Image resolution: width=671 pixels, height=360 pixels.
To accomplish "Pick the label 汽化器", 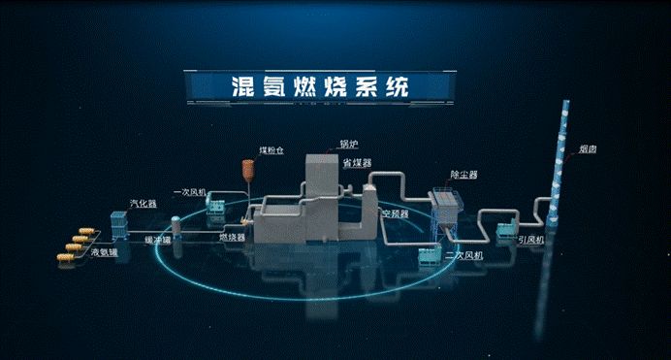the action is coord(142,205).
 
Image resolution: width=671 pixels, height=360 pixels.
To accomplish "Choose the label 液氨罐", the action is coord(105,252).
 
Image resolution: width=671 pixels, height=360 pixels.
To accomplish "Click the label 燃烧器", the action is coord(231,237).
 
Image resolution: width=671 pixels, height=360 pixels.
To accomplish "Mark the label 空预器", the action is coord(394,212).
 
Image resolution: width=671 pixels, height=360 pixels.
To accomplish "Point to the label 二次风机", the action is coord(463,255).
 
